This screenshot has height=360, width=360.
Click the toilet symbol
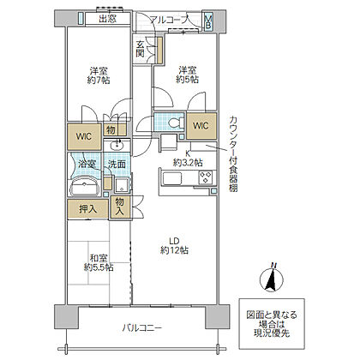(175, 123)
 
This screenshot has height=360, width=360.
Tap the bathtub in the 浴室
(85, 187)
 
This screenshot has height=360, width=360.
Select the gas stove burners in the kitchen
(206, 177)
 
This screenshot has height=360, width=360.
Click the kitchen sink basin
(172, 178)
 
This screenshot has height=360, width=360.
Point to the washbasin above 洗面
(117, 145)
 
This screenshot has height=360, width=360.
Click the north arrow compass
(271, 279)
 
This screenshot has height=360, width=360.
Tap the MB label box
(208, 22)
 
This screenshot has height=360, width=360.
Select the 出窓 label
(108, 19)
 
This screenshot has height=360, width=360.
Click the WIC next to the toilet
(201, 126)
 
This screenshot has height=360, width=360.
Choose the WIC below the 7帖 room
(84, 136)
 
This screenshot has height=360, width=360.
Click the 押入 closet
(87, 209)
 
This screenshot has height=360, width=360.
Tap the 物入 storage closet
(120, 207)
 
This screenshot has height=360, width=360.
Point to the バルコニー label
(142, 328)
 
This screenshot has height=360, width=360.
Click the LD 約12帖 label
(174, 246)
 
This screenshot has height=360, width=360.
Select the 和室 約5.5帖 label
(99, 263)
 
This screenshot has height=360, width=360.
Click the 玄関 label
(140, 49)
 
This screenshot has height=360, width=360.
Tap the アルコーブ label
(170, 20)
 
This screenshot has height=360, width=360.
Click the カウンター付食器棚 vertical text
(233, 153)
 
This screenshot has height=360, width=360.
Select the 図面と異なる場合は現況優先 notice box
(272, 324)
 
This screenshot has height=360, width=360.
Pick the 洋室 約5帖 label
(188, 75)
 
